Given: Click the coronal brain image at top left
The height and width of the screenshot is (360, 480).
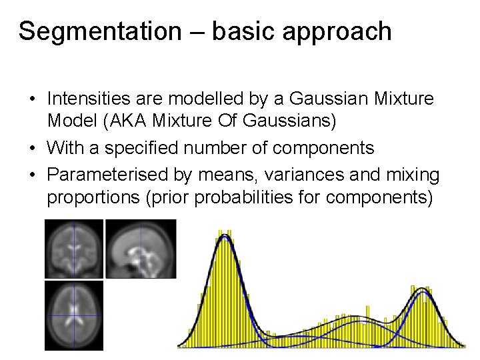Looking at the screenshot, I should point(73,249).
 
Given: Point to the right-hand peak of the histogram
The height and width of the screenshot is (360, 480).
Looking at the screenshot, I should point(421,291).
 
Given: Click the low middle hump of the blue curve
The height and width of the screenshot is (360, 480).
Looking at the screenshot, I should point(360,321).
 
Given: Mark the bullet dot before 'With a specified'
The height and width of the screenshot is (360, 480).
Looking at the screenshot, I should point(32,148).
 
